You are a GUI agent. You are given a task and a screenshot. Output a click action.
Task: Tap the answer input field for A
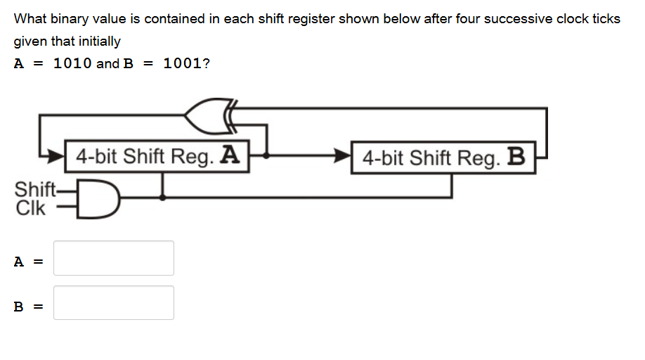click(114, 258)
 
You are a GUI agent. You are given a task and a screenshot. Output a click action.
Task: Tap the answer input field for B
click(114, 302)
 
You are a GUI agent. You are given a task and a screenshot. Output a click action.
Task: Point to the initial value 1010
click(72, 63)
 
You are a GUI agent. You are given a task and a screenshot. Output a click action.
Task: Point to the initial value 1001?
click(186, 63)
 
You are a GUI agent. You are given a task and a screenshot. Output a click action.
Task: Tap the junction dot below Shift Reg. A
click(163, 198)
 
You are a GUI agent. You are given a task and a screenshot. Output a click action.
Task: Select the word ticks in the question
click(606, 19)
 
